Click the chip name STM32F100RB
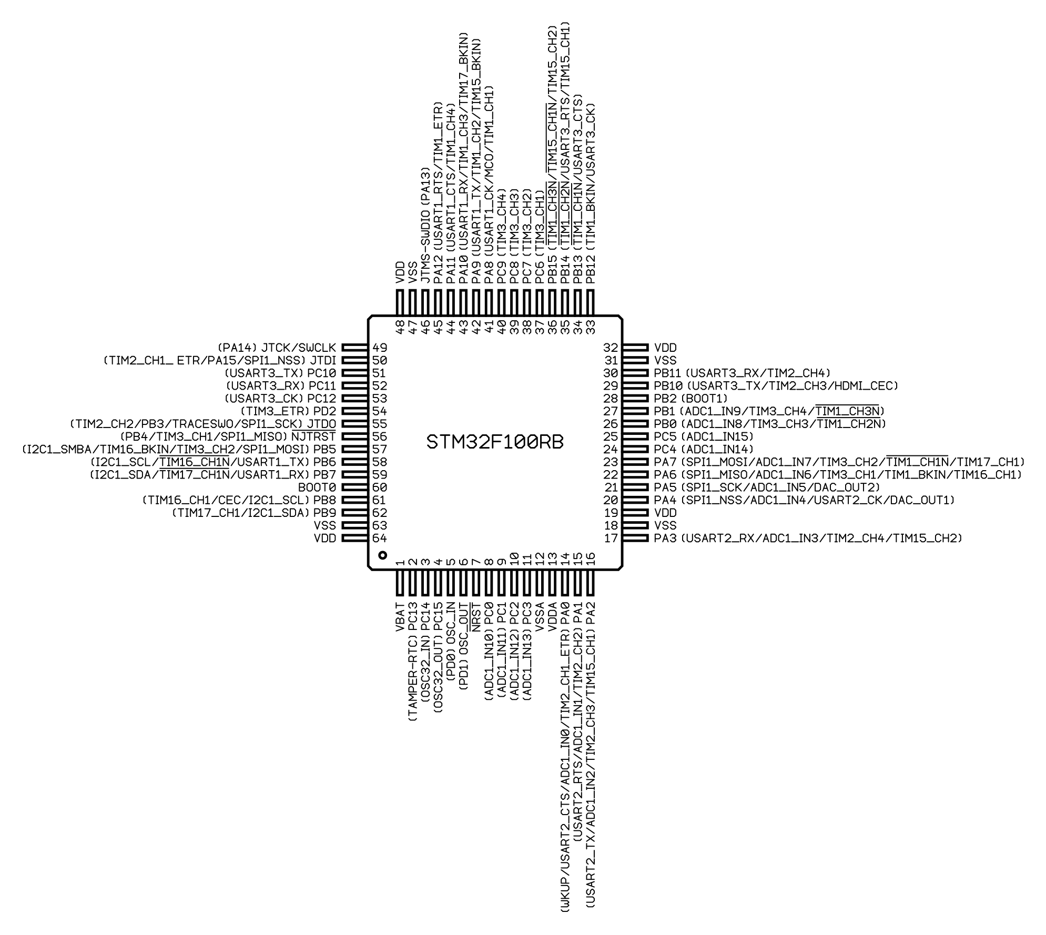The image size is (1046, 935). click(494, 443)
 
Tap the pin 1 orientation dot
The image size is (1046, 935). click(382, 555)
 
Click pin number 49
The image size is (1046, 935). click(380, 348)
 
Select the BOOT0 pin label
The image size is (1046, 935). click(317, 487)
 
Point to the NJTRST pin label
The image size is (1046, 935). click(313, 436)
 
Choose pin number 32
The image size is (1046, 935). click(611, 348)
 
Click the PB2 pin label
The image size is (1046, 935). click(665, 399)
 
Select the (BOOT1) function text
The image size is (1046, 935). click(704, 399)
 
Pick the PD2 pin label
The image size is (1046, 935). click(325, 411)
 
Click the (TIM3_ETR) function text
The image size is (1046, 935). click(275, 411)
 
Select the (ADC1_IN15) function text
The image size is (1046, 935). click(717, 436)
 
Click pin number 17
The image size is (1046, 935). click(611, 538)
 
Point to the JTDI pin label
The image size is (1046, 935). click(323, 360)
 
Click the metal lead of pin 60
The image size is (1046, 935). click(354, 487)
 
